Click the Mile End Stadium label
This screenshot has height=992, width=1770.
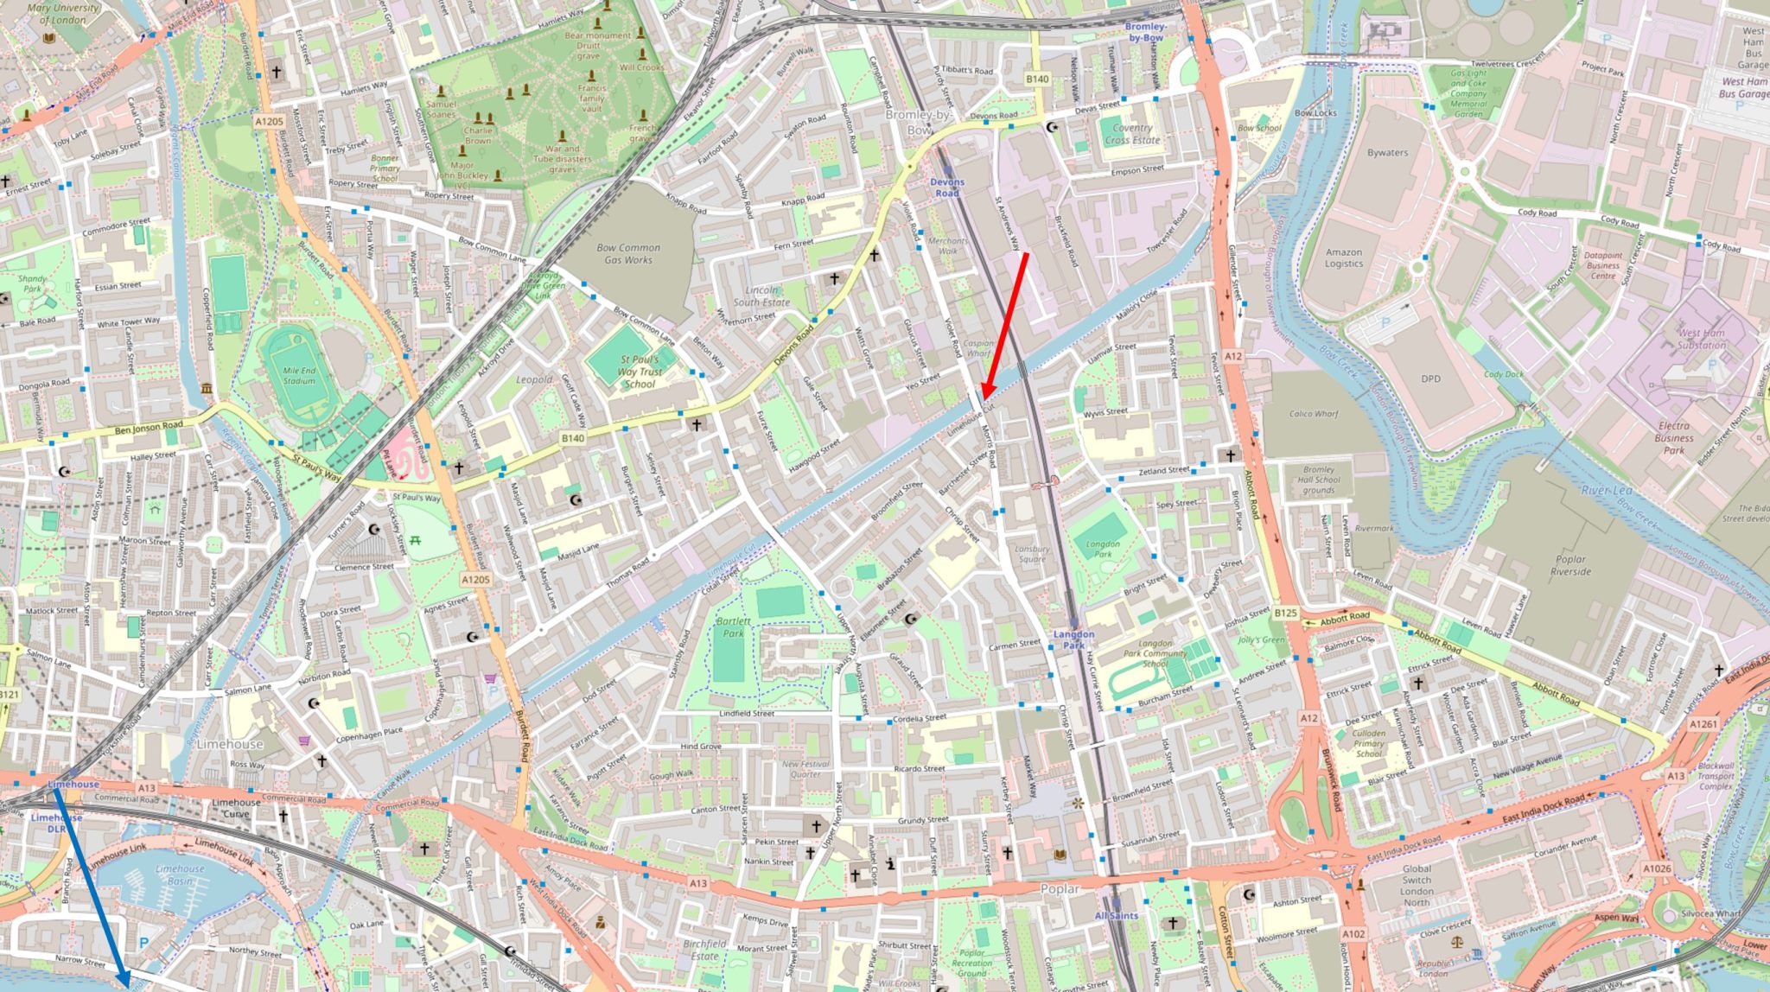click(x=299, y=375)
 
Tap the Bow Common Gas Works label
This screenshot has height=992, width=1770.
click(x=628, y=253)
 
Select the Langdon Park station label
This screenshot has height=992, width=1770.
click(x=1073, y=639)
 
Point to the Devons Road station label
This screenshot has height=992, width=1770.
click(x=946, y=188)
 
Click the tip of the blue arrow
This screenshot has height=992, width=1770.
click(x=128, y=985)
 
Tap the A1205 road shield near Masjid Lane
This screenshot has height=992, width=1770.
click(x=474, y=580)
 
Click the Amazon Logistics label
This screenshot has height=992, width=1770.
click(x=1343, y=258)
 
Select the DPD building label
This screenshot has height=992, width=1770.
click(x=1430, y=378)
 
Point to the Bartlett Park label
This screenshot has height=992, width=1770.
click(x=733, y=626)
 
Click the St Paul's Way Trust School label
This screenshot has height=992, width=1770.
click(x=640, y=372)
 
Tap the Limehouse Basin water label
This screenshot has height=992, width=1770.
click(x=180, y=874)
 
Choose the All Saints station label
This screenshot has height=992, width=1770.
click(x=1116, y=916)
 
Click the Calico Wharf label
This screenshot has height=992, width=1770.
click(x=1313, y=414)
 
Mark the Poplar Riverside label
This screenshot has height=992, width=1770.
click(x=1570, y=565)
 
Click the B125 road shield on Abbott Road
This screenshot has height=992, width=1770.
click(x=1285, y=613)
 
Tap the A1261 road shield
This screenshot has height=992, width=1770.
click(x=1703, y=724)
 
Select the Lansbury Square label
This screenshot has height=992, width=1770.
click(x=1032, y=554)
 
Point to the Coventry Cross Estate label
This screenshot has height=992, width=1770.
click(x=1131, y=133)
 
